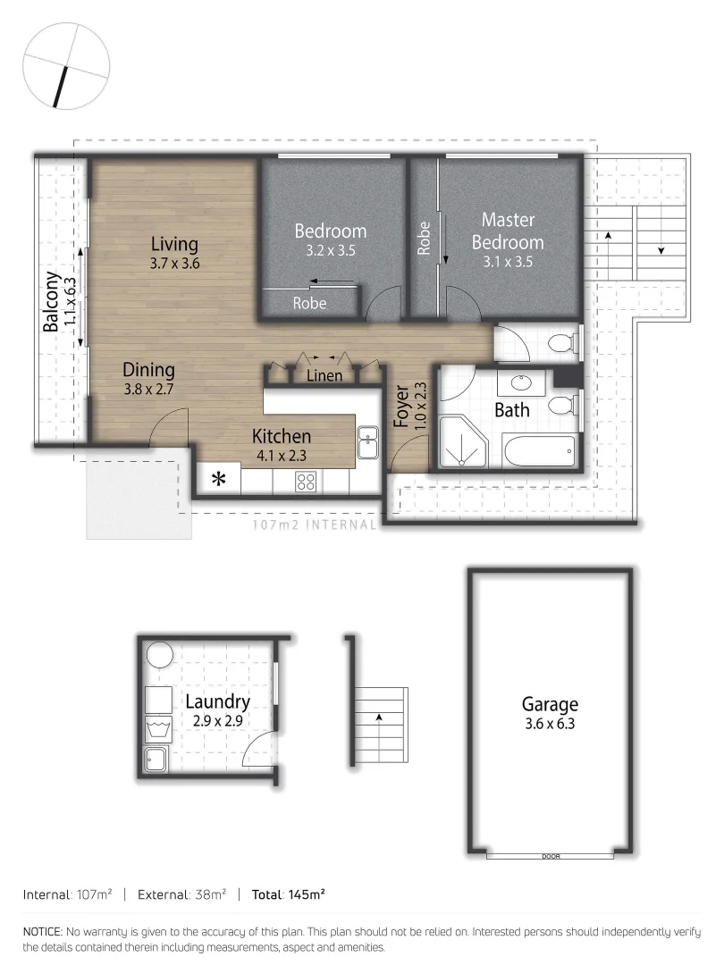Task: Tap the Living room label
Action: pyautogui.click(x=174, y=244)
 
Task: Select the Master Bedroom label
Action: pyautogui.click(x=507, y=231)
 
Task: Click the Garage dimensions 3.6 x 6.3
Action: pyautogui.click(x=551, y=724)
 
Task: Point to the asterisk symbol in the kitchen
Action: pyautogui.click(x=218, y=480)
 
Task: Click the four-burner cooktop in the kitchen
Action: pyautogui.click(x=306, y=482)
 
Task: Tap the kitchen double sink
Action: pyautogui.click(x=367, y=441)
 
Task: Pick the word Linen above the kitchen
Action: pyautogui.click(x=324, y=375)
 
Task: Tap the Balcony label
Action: pyautogui.click(x=52, y=302)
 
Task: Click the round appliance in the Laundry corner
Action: pyautogui.click(x=160, y=654)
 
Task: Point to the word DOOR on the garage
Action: pyautogui.click(x=551, y=856)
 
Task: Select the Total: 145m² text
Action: pyautogui.click(x=288, y=894)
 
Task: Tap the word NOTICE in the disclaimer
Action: pyautogui.click(x=42, y=931)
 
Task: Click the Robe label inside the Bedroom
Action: pyautogui.click(x=309, y=303)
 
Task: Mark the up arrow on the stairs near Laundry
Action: pyautogui.click(x=379, y=717)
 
